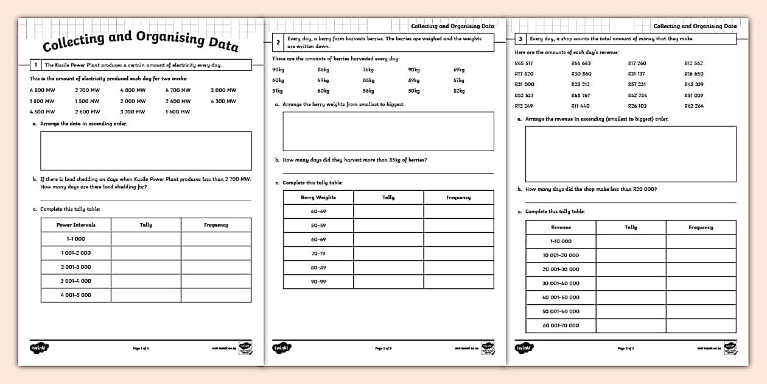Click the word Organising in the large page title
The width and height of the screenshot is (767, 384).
(x=162, y=40)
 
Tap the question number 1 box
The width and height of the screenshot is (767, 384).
(x=36, y=65)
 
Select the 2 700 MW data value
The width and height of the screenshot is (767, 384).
(x=87, y=90)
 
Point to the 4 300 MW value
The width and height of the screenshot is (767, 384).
(x=223, y=101)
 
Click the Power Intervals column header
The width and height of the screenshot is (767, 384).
(x=75, y=225)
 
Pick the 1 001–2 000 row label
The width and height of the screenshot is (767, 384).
(x=75, y=253)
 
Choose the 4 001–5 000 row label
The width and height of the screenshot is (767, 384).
(x=75, y=295)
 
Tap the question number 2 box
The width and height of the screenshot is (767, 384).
(x=278, y=42)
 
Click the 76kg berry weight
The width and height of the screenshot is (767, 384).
(x=368, y=69)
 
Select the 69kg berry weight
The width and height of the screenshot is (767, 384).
(x=458, y=69)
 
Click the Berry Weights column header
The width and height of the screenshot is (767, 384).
(x=318, y=197)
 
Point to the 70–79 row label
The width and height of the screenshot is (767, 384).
(x=318, y=253)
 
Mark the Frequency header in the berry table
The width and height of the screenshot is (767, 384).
(x=458, y=197)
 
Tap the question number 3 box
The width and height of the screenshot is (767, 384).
(x=520, y=39)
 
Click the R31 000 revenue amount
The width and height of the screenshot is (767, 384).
(x=524, y=84)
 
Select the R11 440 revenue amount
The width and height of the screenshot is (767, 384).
(x=580, y=106)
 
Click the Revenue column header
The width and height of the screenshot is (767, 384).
(x=561, y=227)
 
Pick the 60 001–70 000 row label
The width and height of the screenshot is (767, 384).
(x=561, y=325)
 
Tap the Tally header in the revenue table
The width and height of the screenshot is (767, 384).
(x=631, y=227)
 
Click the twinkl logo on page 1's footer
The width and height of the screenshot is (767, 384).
(x=39, y=347)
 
